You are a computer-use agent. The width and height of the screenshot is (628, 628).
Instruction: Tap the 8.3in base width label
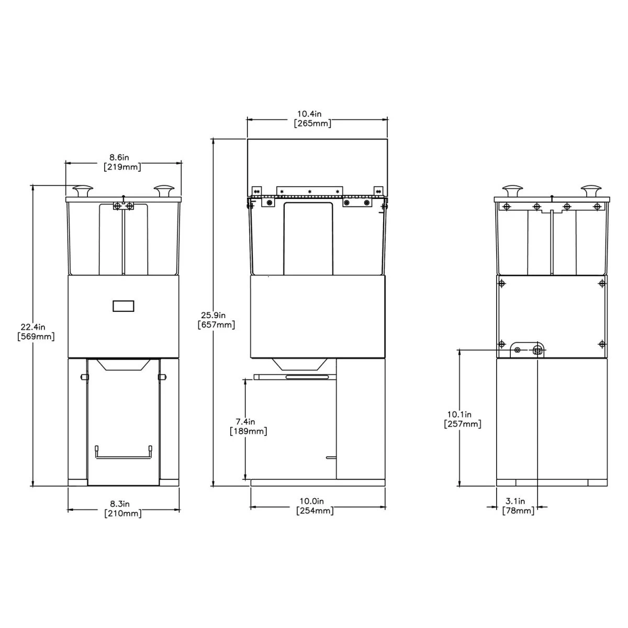(x=123, y=509)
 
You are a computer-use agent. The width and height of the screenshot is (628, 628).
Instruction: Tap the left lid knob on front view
(x=83, y=190)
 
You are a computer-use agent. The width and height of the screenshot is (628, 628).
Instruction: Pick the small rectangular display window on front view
(x=124, y=306)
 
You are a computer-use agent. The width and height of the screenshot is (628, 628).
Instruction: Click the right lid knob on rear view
(x=592, y=190)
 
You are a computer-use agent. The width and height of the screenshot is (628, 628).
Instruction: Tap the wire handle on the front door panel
(x=123, y=452)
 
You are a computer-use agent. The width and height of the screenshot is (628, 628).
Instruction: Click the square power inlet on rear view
(x=537, y=350)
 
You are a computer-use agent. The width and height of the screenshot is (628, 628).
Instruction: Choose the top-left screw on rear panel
(x=502, y=284)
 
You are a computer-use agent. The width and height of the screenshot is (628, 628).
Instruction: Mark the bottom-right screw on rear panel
(x=602, y=344)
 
